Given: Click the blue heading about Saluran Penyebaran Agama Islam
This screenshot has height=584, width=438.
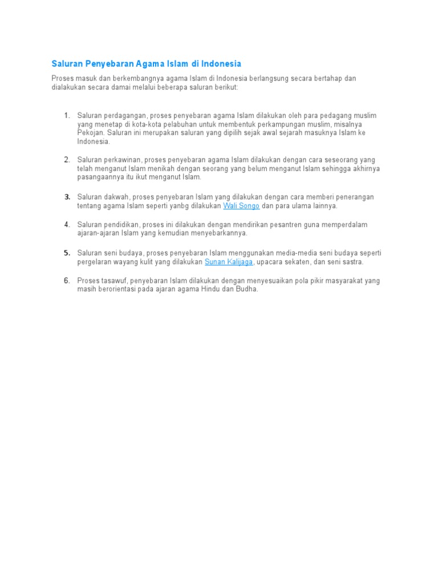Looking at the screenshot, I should [147, 63].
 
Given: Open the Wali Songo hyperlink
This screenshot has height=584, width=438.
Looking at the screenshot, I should [241, 206].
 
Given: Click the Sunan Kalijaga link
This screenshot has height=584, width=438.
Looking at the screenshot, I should [229, 262].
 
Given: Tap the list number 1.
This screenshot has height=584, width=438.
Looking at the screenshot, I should [67, 116].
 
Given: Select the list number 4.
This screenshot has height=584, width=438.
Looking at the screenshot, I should [67, 225].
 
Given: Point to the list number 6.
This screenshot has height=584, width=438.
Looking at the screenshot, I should [67, 281].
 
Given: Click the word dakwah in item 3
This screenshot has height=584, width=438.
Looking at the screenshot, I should [117, 197].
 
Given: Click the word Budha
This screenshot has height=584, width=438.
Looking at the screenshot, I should [248, 289].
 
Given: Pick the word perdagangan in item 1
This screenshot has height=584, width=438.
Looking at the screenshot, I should [125, 116].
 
